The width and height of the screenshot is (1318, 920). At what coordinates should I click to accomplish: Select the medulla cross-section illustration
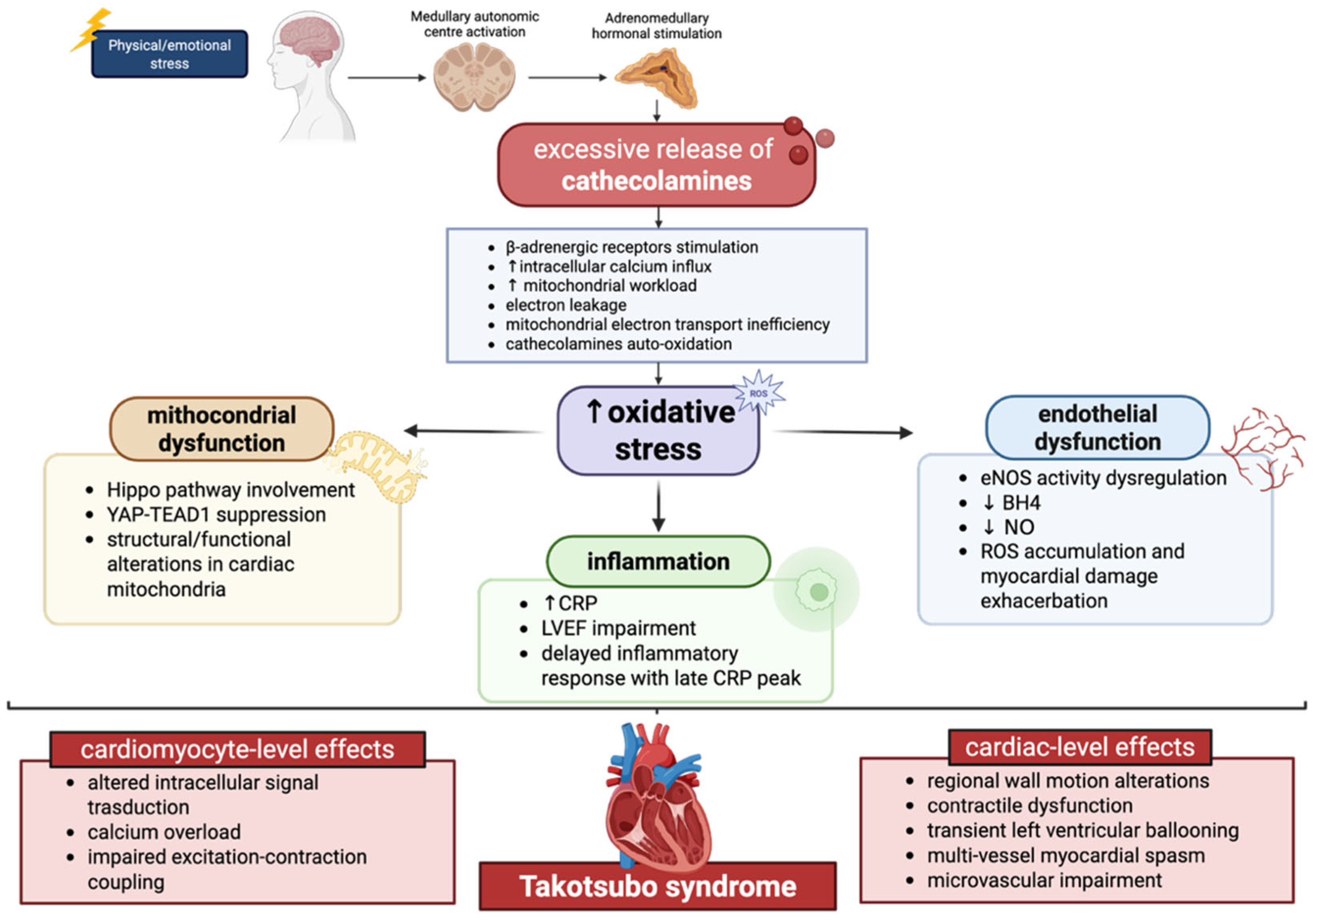(x=474, y=77)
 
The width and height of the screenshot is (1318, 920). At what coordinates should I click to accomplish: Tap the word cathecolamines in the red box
(x=656, y=181)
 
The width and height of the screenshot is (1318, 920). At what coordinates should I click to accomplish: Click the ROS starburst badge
(x=759, y=394)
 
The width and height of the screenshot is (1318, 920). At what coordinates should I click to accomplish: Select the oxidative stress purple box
(x=659, y=431)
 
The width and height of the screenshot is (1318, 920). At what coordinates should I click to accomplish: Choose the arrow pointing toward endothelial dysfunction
(x=844, y=432)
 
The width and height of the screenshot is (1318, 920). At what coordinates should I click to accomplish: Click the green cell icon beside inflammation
(x=817, y=590)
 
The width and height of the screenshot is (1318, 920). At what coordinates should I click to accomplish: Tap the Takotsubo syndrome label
(x=657, y=886)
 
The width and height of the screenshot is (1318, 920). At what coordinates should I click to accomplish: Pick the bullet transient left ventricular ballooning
(x=1082, y=831)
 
